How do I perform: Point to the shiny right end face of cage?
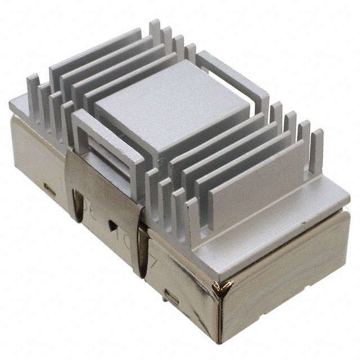[287, 281]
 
